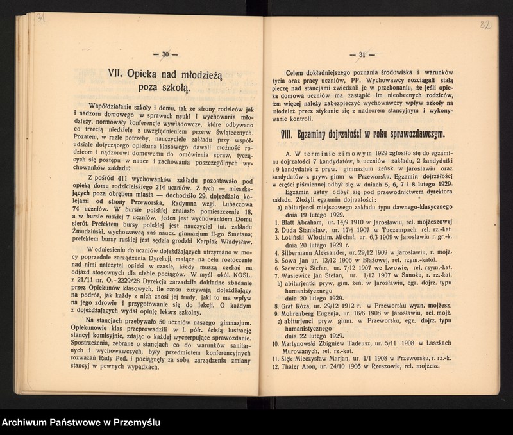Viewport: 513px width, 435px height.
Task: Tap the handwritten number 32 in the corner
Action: tap(487, 26)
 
